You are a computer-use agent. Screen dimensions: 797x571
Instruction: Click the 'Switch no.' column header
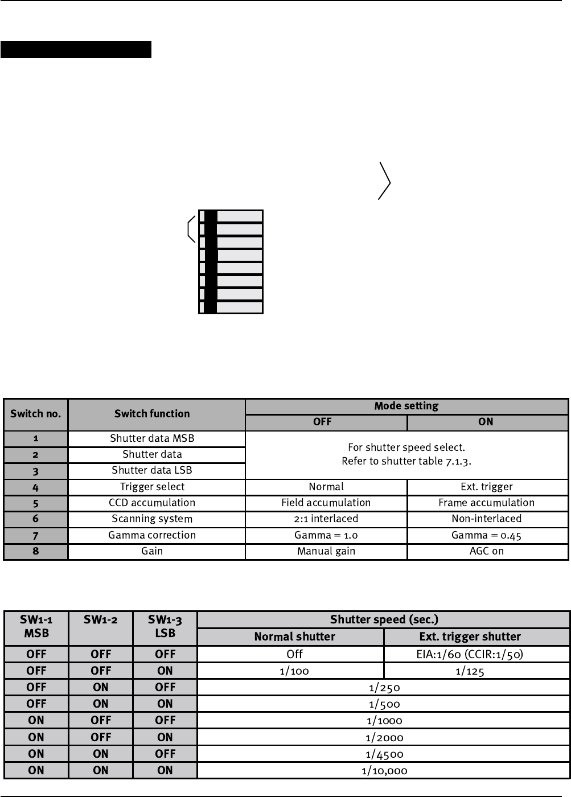(x=35, y=414)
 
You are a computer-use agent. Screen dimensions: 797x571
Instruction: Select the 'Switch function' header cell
(x=152, y=414)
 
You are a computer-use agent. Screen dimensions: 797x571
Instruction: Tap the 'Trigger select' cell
(x=152, y=487)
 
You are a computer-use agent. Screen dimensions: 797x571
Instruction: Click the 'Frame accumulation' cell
(x=486, y=503)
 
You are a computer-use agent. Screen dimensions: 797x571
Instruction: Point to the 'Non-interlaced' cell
(x=486, y=519)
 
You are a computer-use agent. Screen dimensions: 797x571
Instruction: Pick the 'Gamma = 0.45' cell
(x=486, y=535)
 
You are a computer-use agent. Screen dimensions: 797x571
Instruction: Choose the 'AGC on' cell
(x=486, y=551)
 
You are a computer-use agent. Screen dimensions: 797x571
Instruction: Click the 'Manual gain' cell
(x=326, y=551)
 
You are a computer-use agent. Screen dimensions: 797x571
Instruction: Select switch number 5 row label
(x=35, y=503)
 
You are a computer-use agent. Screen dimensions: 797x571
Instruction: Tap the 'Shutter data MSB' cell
(x=152, y=438)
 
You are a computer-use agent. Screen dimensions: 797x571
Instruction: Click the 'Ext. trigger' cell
(x=486, y=487)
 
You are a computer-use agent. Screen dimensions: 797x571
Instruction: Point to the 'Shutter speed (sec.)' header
(x=384, y=620)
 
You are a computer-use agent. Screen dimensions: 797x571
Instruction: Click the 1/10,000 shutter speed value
(x=384, y=771)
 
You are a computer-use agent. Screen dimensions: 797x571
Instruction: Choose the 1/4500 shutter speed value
(x=384, y=754)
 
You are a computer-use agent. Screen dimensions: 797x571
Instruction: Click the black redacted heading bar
(x=76, y=50)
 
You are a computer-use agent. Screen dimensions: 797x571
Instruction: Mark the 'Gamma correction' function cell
(x=152, y=535)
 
